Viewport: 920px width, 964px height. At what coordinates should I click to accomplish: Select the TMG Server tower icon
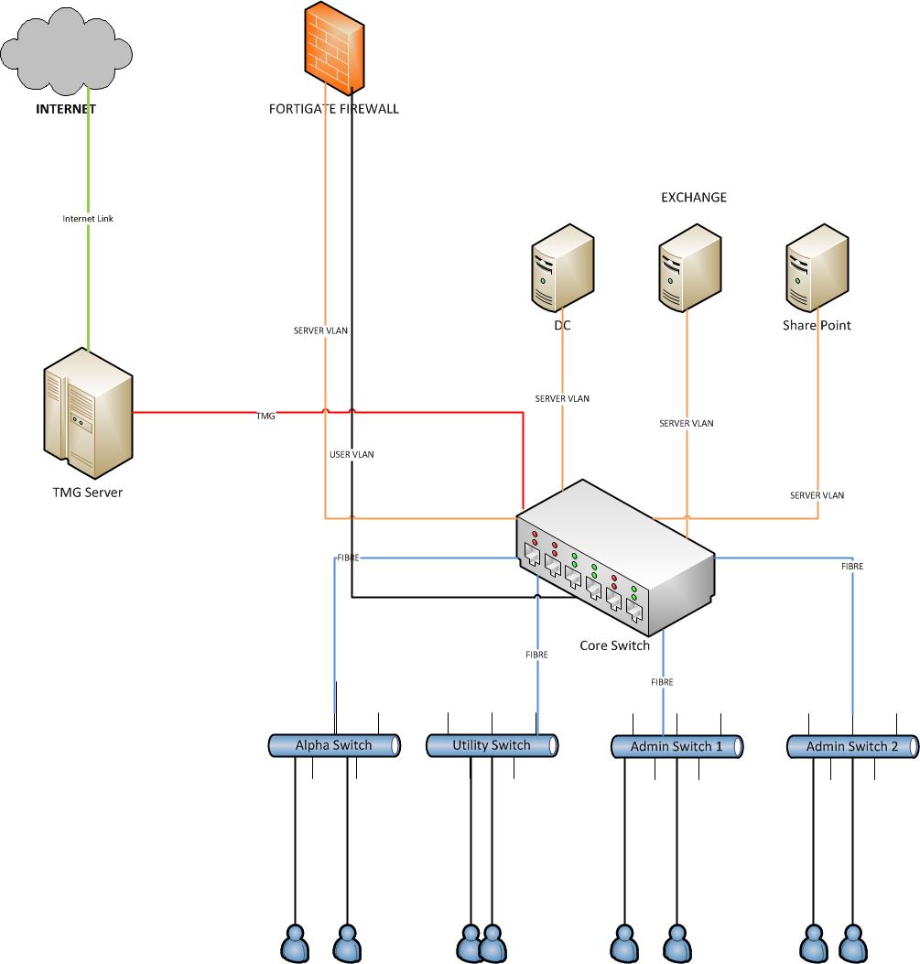click(x=88, y=416)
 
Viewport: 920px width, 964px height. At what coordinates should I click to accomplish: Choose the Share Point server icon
click(x=816, y=269)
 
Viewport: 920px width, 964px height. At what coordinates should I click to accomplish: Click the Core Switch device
click(x=613, y=563)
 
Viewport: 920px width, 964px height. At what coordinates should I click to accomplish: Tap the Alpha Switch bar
click(x=334, y=745)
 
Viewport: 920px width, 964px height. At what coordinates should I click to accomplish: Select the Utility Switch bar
click(x=492, y=745)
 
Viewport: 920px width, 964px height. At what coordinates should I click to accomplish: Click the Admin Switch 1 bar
click(x=676, y=747)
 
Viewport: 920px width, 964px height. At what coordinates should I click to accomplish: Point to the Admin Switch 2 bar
click(x=852, y=747)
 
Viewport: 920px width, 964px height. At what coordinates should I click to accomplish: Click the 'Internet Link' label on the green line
click(x=88, y=219)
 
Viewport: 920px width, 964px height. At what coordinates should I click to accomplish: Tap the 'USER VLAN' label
click(x=352, y=454)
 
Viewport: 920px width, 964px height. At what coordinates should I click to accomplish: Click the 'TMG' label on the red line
click(x=265, y=416)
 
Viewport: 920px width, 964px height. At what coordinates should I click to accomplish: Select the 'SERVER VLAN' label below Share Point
click(x=817, y=495)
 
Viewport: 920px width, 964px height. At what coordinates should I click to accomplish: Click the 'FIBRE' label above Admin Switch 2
click(x=851, y=567)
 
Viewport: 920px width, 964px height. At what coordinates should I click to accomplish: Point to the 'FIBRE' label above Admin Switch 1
click(x=662, y=682)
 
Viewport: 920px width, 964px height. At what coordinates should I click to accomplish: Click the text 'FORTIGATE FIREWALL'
click(x=333, y=109)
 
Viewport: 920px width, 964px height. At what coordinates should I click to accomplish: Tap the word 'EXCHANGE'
click(x=694, y=197)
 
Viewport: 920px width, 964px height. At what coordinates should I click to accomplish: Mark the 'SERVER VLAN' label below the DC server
click(x=562, y=398)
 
